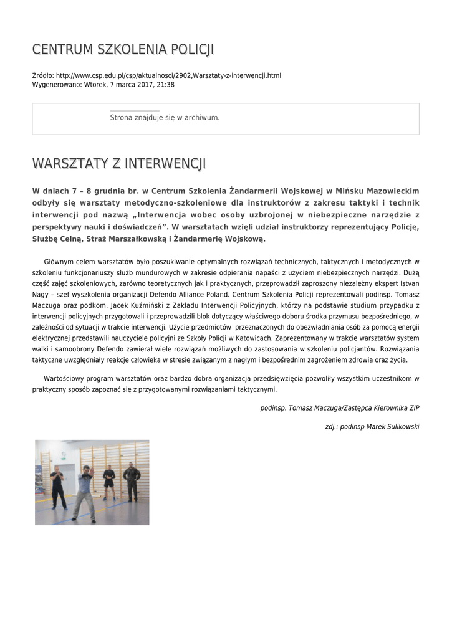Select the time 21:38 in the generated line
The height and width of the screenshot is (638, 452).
pos(166,85)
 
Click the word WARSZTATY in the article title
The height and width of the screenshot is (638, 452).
pos(70,164)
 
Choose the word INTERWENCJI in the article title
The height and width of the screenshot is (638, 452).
pos(165,164)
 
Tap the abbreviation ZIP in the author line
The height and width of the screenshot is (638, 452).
pos(414,408)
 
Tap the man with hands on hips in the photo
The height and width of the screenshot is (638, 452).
pos(131,481)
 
